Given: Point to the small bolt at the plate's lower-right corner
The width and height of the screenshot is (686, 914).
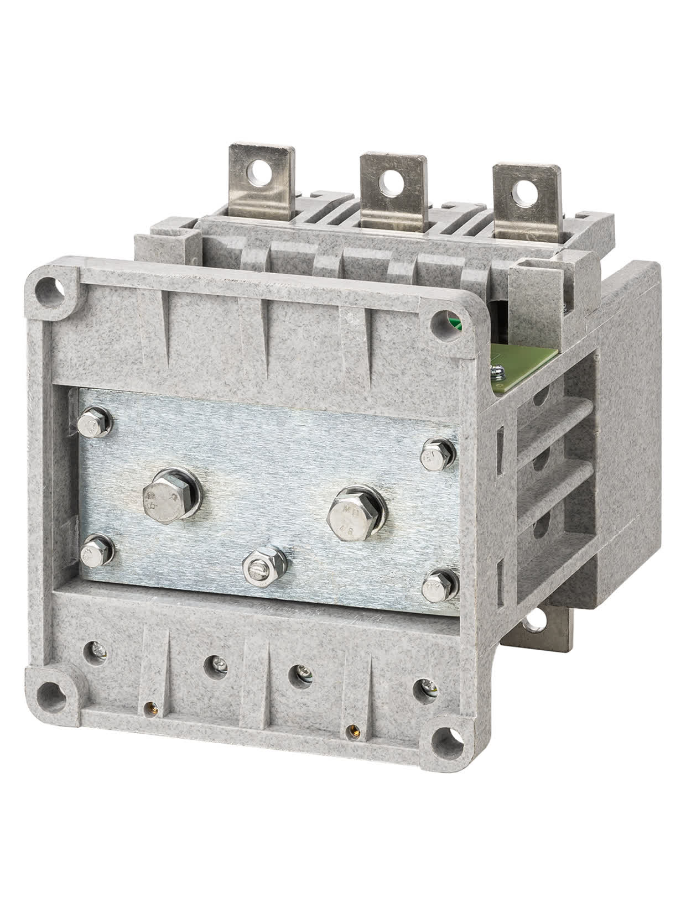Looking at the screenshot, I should pyautogui.click(x=440, y=585).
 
